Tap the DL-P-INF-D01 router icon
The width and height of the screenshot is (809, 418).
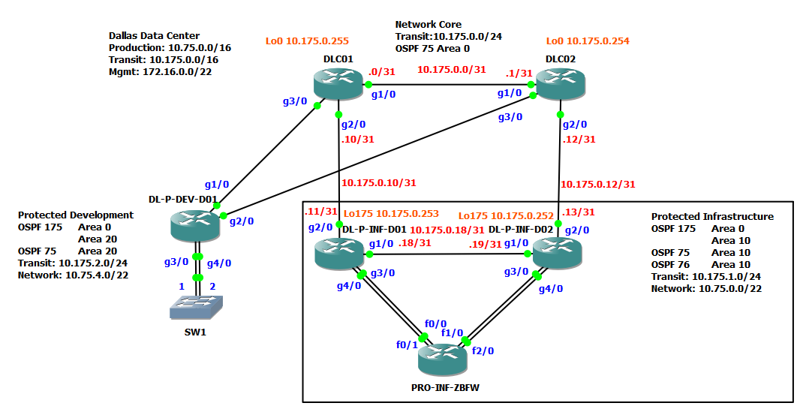click(x=340, y=251)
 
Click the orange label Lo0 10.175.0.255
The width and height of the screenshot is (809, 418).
click(x=307, y=41)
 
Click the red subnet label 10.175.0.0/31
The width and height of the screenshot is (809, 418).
click(x=451, y=70)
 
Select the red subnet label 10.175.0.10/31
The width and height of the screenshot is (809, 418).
click(x=378, y=182)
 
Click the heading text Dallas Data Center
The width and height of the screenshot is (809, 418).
click(x=154, y=35)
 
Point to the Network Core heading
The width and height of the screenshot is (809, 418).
click(x=429, y=25)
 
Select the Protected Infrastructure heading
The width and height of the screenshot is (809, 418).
click(x=711, y=216)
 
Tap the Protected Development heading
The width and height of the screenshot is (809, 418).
click(x=76, y=215)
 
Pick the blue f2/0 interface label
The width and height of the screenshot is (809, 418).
click(x=483, y=350)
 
